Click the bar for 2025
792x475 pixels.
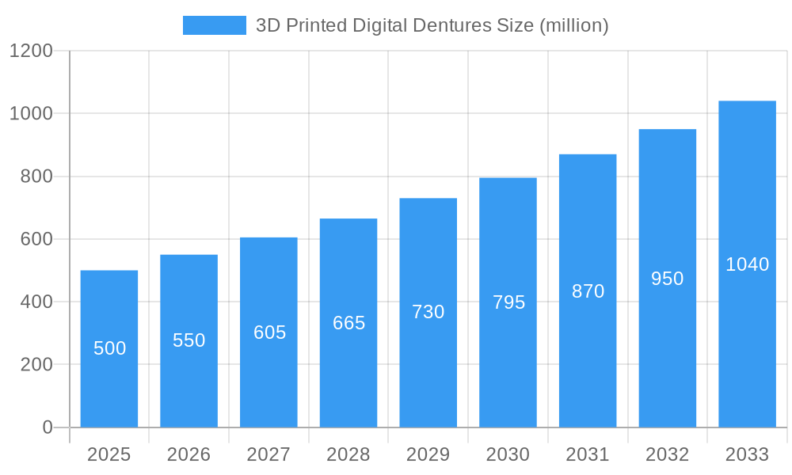click(109, 348)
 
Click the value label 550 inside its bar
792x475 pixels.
click(189, 340)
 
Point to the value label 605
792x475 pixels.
click(269, 332)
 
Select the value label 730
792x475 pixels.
click(428, 312)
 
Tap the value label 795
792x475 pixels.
click(508, 302)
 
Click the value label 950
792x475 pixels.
click(667, 279)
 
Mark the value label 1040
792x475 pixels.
click(747, 264)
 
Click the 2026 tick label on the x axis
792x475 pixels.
click(189, 454)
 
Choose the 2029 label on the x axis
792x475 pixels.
click(428, 454)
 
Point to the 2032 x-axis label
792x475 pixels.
click(667, 454)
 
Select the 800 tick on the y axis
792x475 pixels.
click(36, 177)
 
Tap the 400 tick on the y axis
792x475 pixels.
click(36, 302)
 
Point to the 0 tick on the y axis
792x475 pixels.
click(48, 427)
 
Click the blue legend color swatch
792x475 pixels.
click(215, 25)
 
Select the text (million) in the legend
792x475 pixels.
click(573, 25)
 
